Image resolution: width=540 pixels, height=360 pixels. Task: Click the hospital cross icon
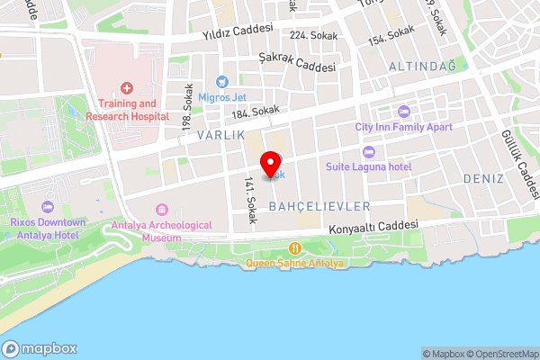click(x=127, y=88)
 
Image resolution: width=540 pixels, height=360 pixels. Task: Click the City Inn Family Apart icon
click(x=402, y=112)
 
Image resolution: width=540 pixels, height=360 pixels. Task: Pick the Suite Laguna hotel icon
click(x=369, y=151)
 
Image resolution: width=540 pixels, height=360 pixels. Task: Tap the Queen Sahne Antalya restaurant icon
click(x=294, y=248)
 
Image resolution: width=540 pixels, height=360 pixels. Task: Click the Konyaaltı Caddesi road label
click(x=374, y=226)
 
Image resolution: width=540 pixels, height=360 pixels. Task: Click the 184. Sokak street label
click(x=255, y=111)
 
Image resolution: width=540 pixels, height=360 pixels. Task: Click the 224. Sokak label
click(x=312, y=35)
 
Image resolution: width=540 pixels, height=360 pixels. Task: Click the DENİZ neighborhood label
click(x=483, y=178)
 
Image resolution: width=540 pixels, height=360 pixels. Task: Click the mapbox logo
click(x=40, y=349)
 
